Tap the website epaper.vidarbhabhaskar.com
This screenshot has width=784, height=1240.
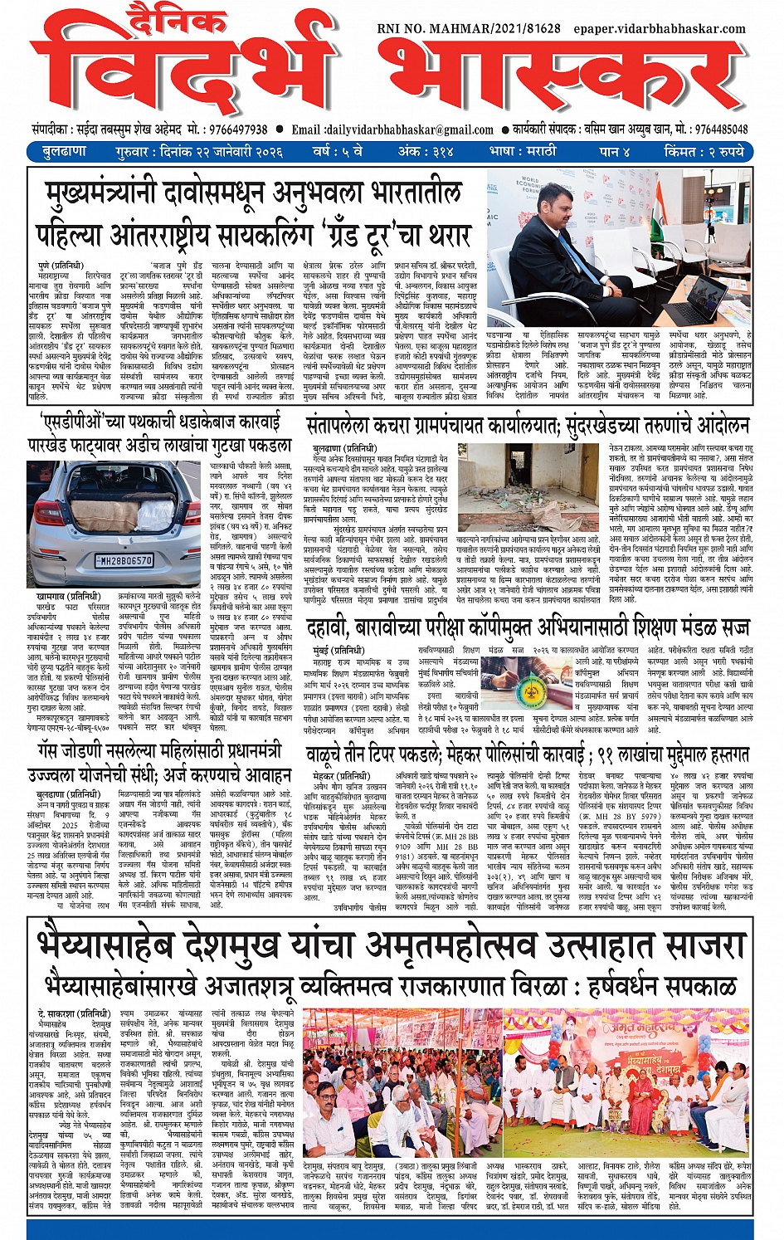(660, 28)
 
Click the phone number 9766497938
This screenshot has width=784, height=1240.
(227, 129)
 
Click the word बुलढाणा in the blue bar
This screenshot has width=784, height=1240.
(63, 152)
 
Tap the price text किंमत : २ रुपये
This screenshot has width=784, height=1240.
(704, 152)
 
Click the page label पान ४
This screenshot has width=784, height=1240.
(615, 152)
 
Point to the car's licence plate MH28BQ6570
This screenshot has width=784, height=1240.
(125, 560)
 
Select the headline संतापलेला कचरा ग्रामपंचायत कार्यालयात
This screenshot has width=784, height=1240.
(527, 426)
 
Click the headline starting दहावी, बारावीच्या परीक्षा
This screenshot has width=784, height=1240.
(527, 627)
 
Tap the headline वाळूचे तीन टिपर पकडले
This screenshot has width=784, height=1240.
(527, 755)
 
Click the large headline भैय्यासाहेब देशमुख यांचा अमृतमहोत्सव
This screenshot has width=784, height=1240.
(390, 947)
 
